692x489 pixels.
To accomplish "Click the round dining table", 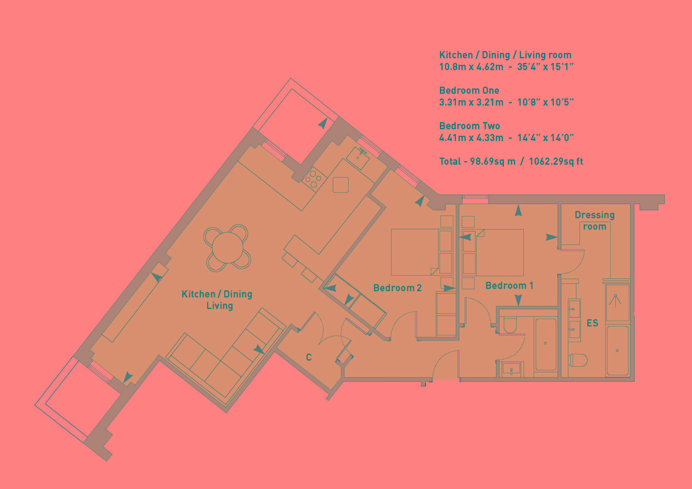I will pos(227,248).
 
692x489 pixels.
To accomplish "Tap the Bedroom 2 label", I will pos(397,288).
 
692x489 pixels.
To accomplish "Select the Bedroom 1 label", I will pos(509,286).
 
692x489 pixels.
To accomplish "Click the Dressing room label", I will pos(594,220).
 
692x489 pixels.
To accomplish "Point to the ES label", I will pos(592,323).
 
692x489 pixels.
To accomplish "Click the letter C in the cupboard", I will pos(308,357).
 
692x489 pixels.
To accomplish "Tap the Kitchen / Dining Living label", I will pos(217,300).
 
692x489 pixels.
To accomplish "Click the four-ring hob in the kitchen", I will pos(314,179).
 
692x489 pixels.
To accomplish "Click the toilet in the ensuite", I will pos(578,360).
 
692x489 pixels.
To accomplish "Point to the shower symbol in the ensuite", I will pos(615,301).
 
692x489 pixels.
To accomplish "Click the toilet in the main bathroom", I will pos(510,325).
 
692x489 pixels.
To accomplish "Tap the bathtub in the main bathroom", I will pos(545,344).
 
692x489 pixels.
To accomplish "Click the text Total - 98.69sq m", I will pos(477,161).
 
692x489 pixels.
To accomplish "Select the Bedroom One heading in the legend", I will pos(469,90).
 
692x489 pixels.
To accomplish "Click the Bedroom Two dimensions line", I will pos(506,138).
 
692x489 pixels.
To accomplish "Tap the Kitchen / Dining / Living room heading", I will pos(505,55).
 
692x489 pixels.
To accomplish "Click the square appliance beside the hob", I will pos(340,185).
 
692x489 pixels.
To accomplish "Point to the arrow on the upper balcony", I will pos(323,123).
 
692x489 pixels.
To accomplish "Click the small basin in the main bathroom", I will pos(512,369).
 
